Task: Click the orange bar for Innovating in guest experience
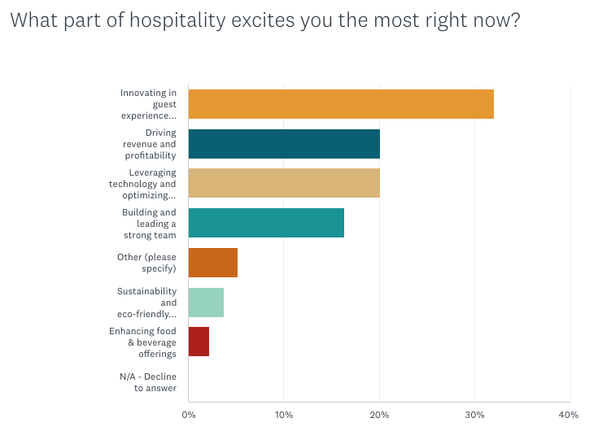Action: coord(341,104)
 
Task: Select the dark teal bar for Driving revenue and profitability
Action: coord(284,143)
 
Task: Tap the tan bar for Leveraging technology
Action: coord(284,183)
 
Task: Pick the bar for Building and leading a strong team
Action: coord(266,223)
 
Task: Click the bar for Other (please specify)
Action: coord(212,263)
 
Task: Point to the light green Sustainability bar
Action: coord(206,303)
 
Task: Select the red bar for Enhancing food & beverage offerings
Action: coord(199,342)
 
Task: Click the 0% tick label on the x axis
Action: coord(188,416)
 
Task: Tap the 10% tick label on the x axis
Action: coord(283,416)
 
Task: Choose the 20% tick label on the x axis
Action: coord(379,416)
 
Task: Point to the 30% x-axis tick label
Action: coord(474,416)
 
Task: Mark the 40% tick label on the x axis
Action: coord(570,416)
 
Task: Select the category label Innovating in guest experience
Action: coord(148,104)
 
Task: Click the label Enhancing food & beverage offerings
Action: coord(143,342)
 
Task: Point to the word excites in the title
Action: coord(274,20)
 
